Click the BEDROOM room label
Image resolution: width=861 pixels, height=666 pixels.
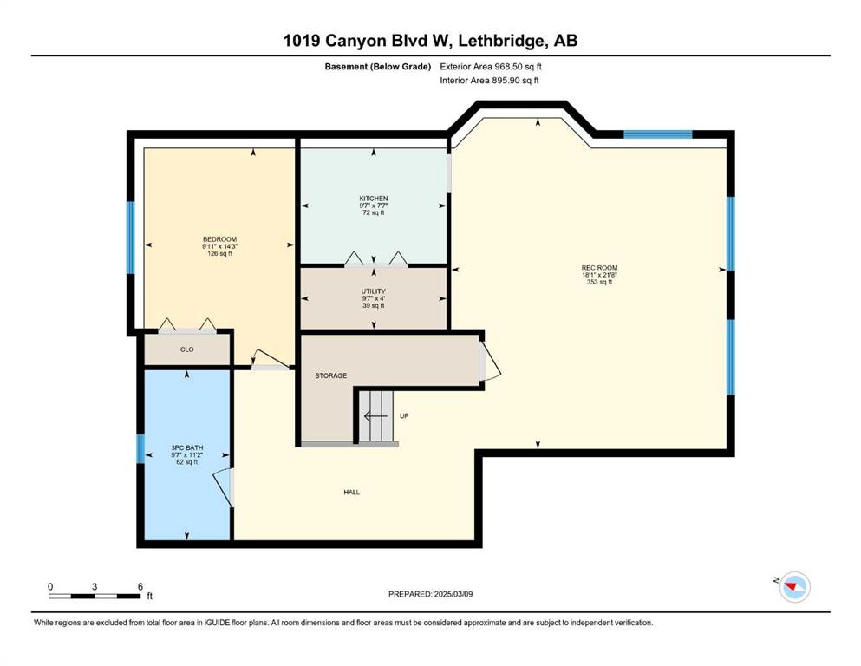[219, 239]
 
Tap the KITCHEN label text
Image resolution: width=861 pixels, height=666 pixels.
[374, 199]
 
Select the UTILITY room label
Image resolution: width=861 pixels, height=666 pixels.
[374, 291]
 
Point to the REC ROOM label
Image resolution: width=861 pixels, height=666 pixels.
[600, 268]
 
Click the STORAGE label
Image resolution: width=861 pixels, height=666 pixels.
[330, 375]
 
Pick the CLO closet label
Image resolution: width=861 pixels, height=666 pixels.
[186, 349]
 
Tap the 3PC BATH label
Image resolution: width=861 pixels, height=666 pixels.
[186, 448]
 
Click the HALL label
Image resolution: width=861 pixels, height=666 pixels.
[351, 492]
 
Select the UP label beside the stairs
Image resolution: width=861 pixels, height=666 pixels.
[404, 415]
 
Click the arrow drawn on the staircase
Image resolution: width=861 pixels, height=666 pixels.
[375, 415]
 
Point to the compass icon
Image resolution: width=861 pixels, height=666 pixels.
[794, 587]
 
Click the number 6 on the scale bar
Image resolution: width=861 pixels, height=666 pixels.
[140, 586]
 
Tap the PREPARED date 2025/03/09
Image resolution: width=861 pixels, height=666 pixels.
[453, 594]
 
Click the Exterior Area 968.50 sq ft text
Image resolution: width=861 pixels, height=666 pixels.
[491, 67]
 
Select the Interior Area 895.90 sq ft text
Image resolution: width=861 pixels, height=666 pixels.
[489, 80]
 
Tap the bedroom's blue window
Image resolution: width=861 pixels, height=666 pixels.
[131, 238]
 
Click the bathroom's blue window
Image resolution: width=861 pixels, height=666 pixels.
[140, 448]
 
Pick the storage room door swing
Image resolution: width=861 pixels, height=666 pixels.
[489, 361]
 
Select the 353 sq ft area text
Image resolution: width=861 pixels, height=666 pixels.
[600, 282]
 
